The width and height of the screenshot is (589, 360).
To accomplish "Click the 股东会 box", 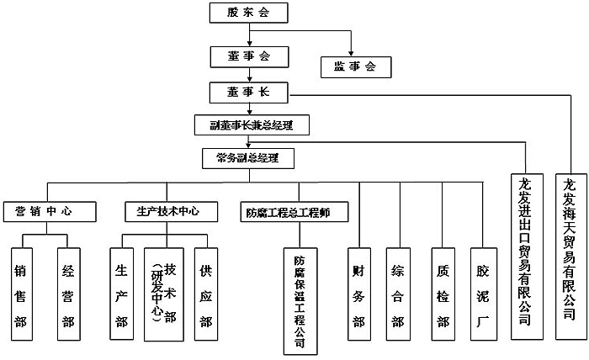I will (x=249, y=13).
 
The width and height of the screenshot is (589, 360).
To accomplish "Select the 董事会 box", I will (x=249, y=56).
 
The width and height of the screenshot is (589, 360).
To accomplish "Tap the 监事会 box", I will (x=353, y=66).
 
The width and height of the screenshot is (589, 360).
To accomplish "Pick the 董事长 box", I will (x=249, y=91).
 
